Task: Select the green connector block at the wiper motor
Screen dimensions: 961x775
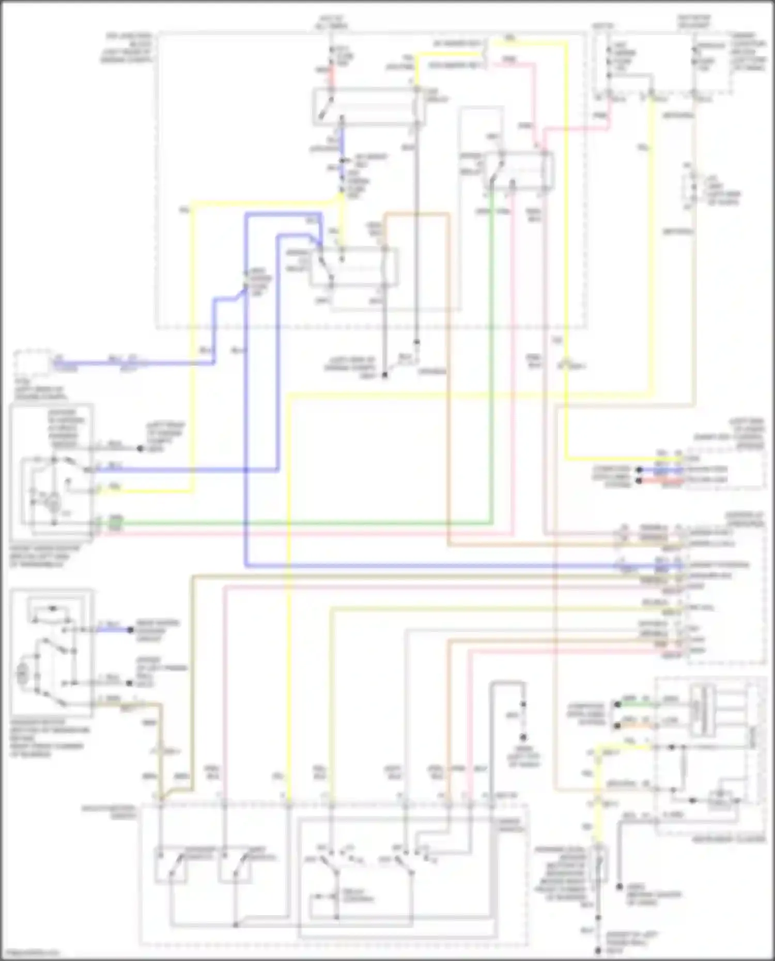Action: point(115,523)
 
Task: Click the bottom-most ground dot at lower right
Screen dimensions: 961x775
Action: point(598,951)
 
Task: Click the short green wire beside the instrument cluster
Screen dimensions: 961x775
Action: point(636,703)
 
